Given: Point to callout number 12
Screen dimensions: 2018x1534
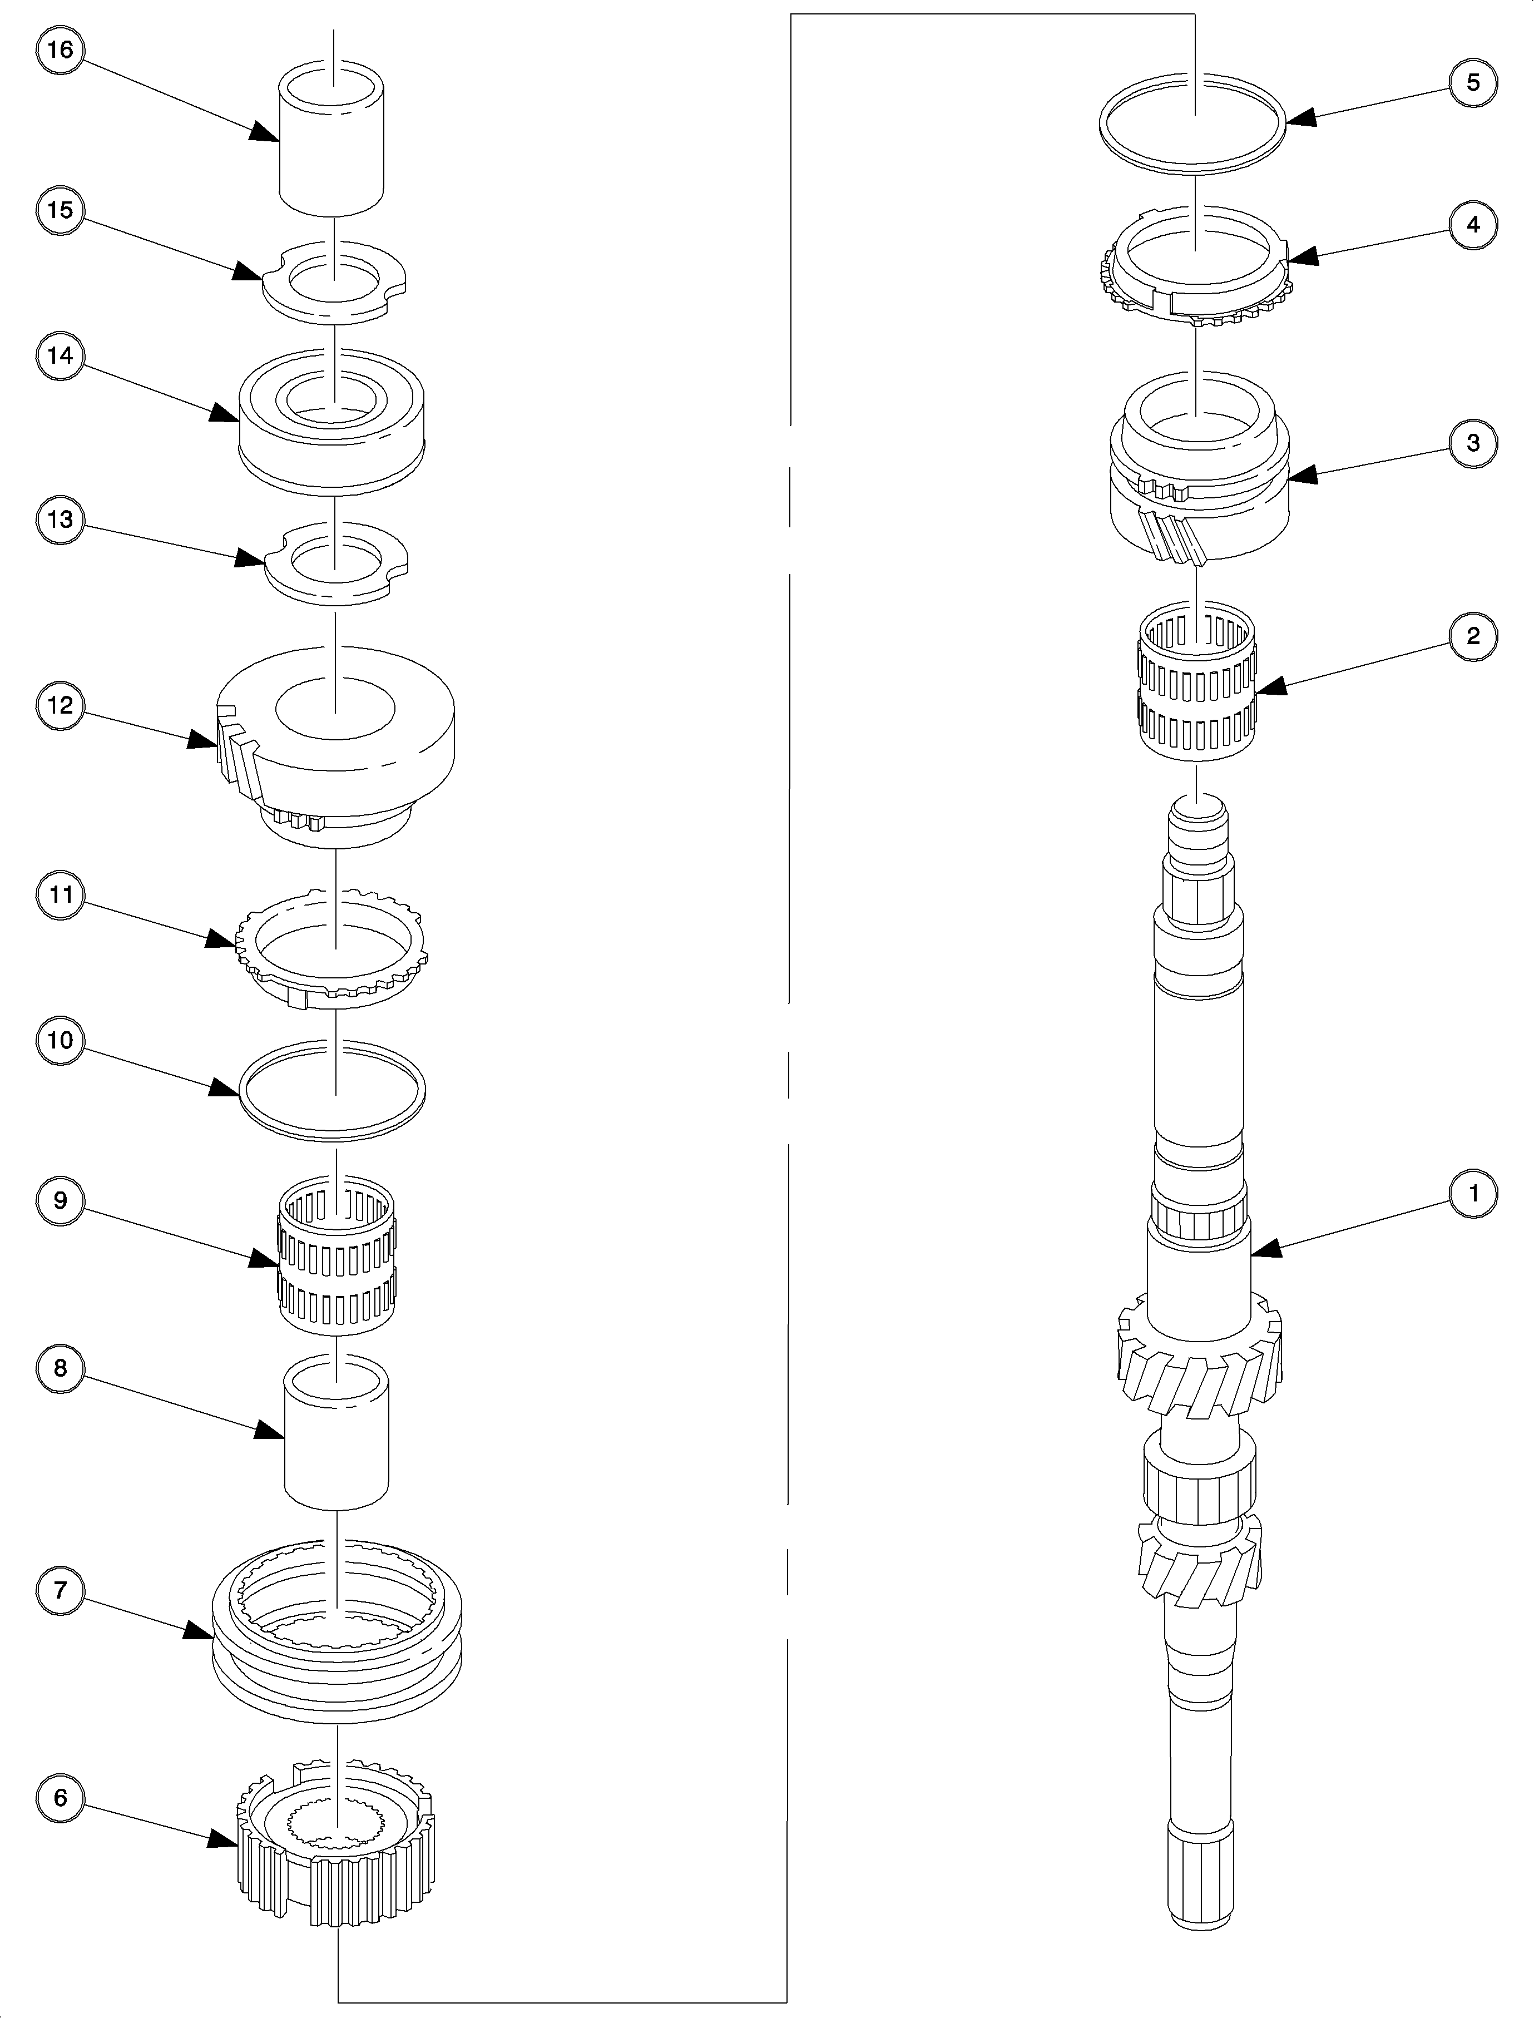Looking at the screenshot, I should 60,706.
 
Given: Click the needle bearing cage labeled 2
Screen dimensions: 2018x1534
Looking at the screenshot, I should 1196,685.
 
